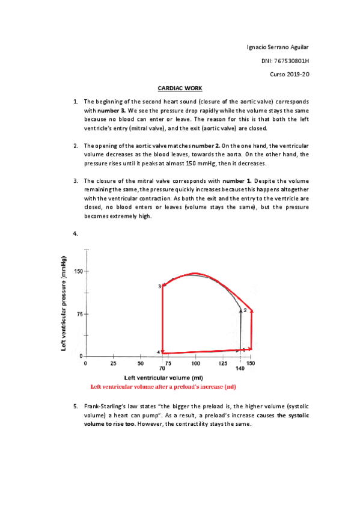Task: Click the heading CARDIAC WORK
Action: coord(175,88)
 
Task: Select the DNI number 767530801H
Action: coord(294,61)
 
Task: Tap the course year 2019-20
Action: coord(301,74)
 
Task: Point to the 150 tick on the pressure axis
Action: coord(78,271)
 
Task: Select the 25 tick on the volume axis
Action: coord(113,363)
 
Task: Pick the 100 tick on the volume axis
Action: coord(195,363)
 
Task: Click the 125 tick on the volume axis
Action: coord(223,363)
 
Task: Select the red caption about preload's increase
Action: coord(162,386)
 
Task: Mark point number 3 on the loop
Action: coord(160,286)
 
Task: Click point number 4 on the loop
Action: coord(159,352)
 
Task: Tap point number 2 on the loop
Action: coord(245,310)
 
